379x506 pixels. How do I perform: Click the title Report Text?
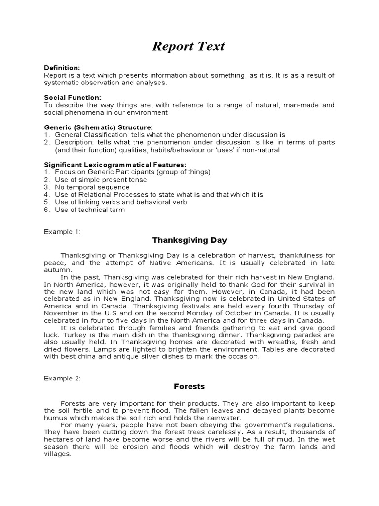(189, 46)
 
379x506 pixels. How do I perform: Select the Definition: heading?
(62, 67)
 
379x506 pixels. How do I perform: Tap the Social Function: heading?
(73, 97)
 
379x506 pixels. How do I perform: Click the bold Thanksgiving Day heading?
(189, 240)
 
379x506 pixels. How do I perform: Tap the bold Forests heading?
(189, 387)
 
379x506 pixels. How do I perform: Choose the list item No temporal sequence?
(92, 187)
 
